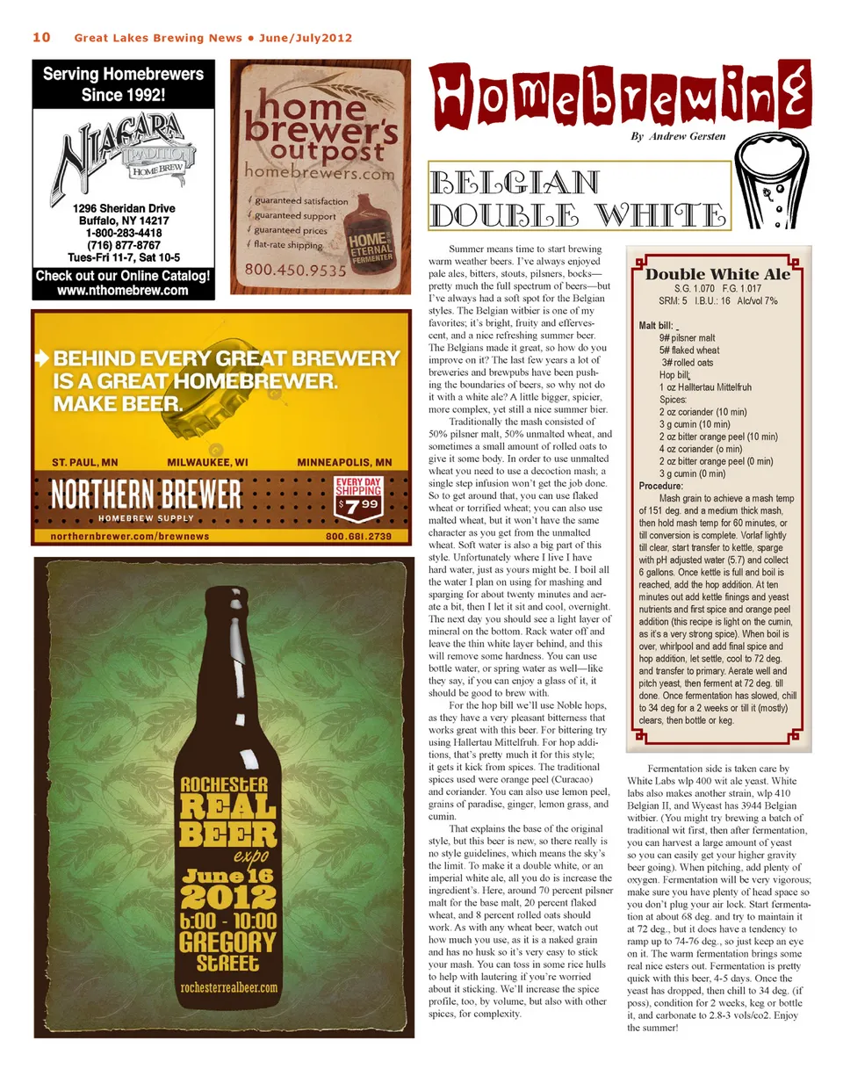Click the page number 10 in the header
[x=41, y=37]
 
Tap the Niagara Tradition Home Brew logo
[x=123, y=154]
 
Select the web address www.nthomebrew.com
[x=123, y=291]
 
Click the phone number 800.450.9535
[x=296, y=271]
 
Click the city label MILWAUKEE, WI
[x=207, y=462]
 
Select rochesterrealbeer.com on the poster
[x=229, y=987]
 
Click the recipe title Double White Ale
[x=717, y=274]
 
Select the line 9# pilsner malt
[x=687, y=338]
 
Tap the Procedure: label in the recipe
[x=661, y=486]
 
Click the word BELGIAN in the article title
[x=517, y=183]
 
